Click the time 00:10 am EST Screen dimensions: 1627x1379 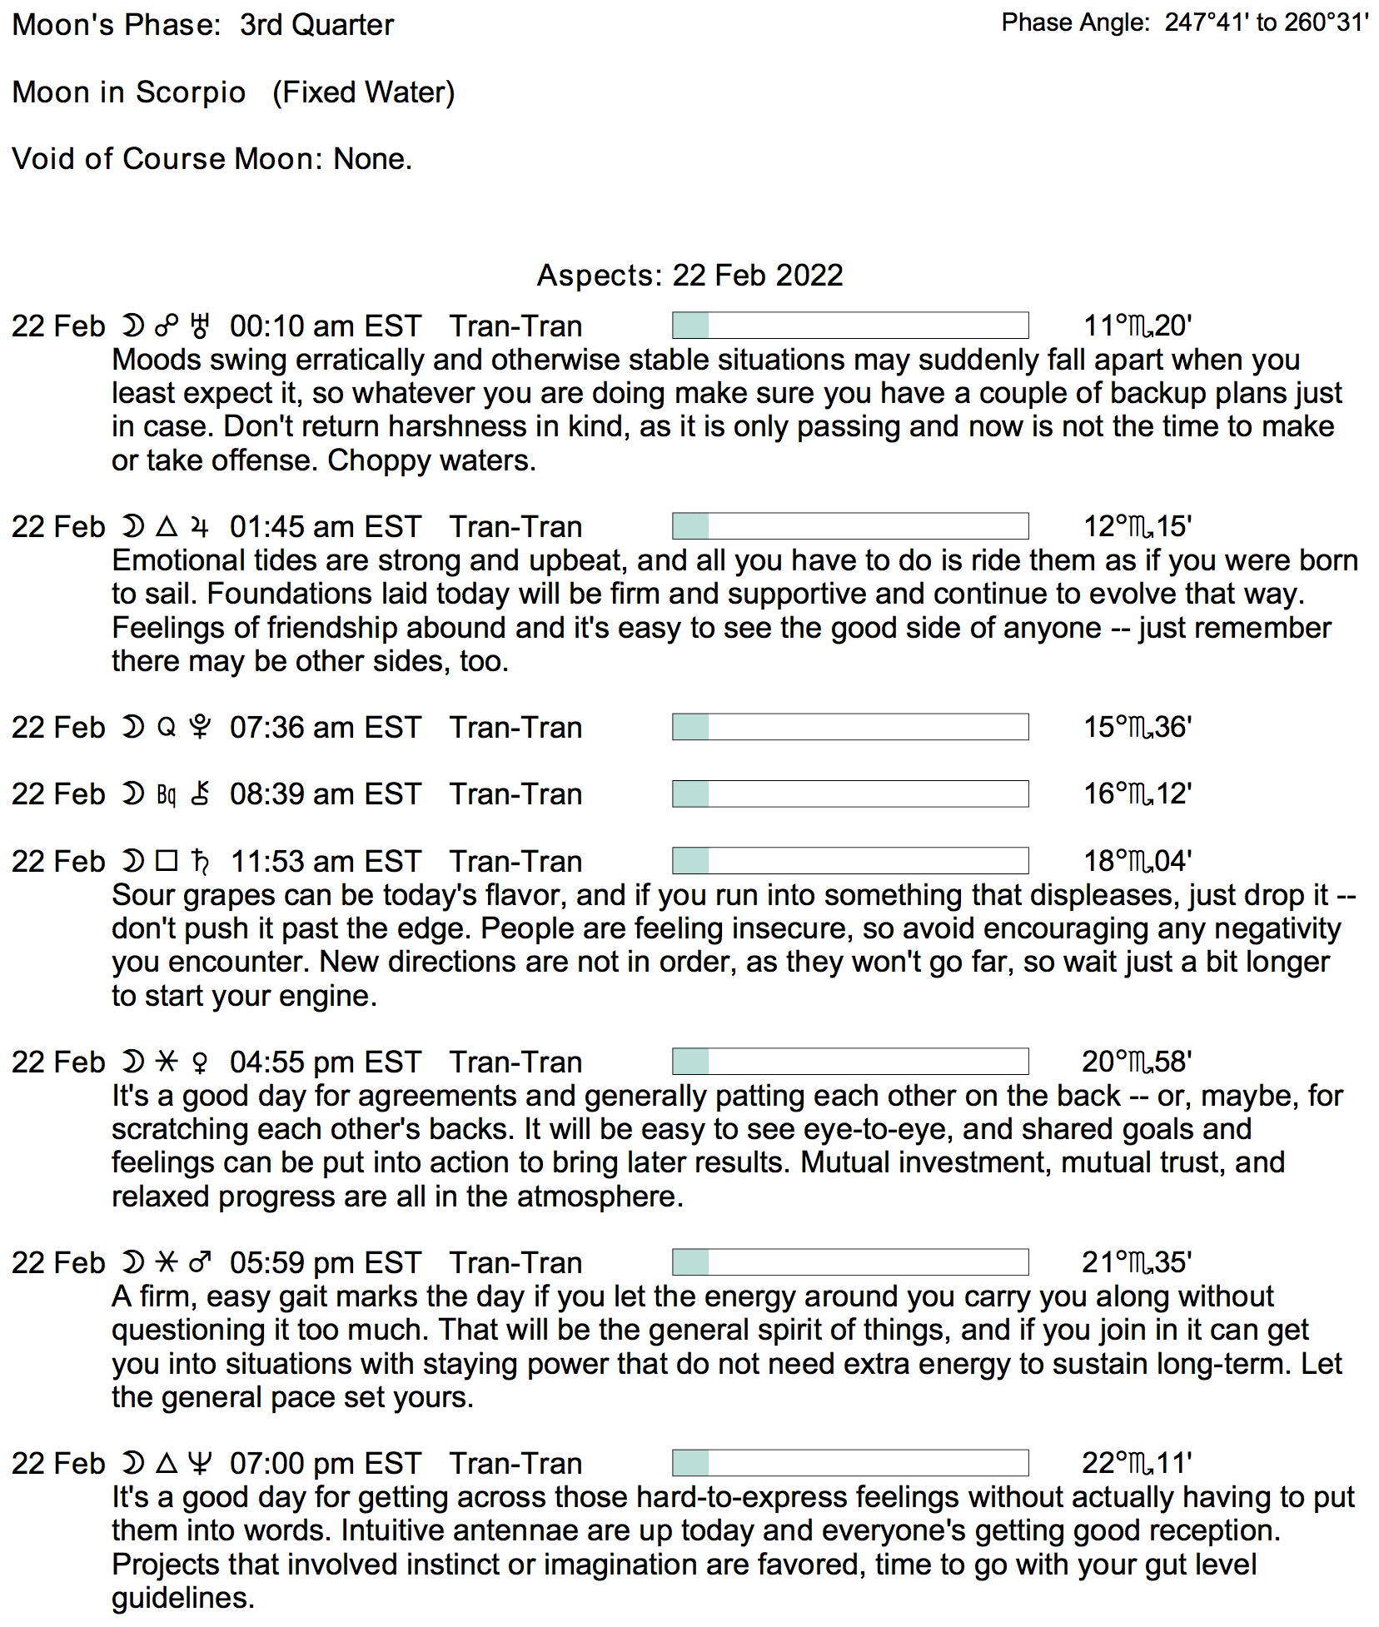click(x=325, y=326)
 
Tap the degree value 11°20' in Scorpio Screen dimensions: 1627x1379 click(x=1137, y=326)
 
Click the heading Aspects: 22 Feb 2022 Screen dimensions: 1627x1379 click(x=689, y=275)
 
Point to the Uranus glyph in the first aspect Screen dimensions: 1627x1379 click(x=200, y=326)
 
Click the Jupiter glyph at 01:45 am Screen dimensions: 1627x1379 click(x=200, y=526)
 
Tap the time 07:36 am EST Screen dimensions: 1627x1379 click(x=325, y=727)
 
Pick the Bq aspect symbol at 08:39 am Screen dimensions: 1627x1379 click(x=167, y=794)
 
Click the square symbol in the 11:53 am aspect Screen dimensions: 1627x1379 click(x=167, y=861)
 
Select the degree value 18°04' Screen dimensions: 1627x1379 click(x=1137, y=861)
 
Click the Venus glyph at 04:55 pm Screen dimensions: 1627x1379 click(x=200, y=1062)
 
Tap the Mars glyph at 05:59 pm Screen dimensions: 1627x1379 click(x=200, y=1262)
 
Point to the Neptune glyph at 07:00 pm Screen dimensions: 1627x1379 click(x=200, y=1463)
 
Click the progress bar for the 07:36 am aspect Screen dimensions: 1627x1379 click(x=849, y=727)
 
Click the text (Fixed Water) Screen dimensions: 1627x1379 click(x=363, y=92)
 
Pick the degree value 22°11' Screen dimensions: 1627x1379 click(x=1137, y=1463)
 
